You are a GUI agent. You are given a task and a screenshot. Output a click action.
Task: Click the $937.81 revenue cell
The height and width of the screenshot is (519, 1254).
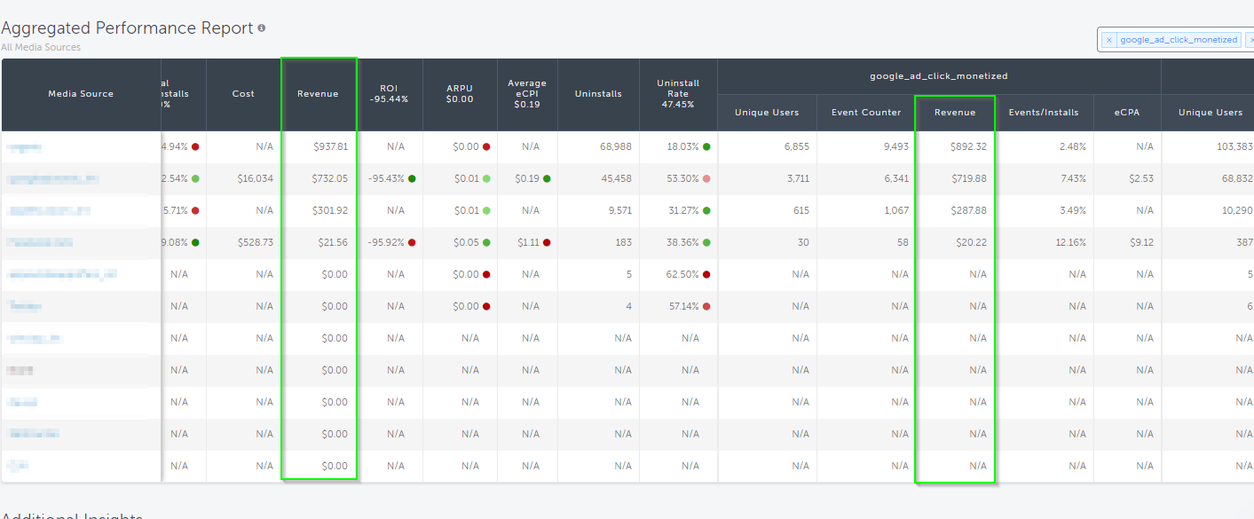[330, 146]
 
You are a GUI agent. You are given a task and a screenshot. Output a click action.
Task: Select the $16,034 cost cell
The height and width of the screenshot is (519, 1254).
[256, 178]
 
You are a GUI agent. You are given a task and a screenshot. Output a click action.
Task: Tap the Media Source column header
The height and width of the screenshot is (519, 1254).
[81, 94]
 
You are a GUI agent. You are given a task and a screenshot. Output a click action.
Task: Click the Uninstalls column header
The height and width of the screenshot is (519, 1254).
[598, 94]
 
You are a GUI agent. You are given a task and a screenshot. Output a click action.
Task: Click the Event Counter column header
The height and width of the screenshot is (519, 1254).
[866, 113]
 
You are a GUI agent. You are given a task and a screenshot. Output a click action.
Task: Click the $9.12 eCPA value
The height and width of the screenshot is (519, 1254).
[1141, 242]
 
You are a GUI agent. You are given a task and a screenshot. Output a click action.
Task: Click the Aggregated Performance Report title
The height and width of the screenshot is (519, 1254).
[127, 28]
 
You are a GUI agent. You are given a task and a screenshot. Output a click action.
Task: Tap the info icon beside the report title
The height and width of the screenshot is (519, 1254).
[262, 28]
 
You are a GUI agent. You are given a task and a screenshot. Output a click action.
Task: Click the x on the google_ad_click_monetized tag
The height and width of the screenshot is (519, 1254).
[1109, 40]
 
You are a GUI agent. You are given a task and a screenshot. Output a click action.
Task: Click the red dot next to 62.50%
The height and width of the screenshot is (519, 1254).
[706, 274]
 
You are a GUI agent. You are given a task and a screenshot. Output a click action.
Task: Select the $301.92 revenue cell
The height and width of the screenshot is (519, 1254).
[330, 210]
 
